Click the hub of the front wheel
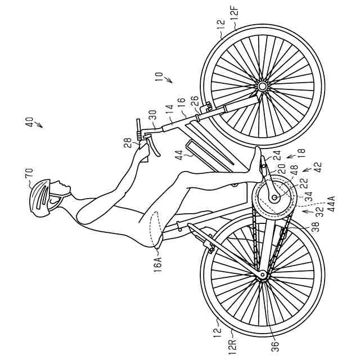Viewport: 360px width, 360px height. click(262, 86)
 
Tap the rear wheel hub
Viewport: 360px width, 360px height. click(262, 275)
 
